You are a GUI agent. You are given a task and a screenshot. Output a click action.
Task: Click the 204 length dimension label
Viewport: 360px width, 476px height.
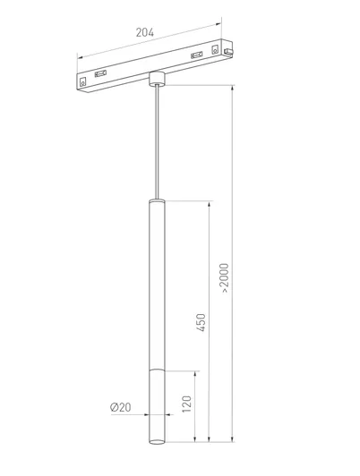[x=144, y=32]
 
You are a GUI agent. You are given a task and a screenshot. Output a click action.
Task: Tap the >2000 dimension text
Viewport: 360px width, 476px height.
[x=224, y=277]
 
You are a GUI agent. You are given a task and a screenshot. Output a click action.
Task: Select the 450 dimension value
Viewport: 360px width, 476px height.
[x=201, y=322]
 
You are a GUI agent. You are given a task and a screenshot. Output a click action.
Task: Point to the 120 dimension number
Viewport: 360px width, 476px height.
[x=187, y=404]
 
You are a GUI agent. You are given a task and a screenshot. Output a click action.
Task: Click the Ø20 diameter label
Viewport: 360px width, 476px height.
[x=121, y=407]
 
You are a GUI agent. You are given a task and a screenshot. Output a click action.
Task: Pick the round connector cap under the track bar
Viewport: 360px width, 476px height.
[x=157, y=79]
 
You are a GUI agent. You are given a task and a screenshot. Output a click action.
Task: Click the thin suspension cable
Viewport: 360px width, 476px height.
[x=157, y=142]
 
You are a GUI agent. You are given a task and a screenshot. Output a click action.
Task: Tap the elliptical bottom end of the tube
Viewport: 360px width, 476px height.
[x=157, y=441]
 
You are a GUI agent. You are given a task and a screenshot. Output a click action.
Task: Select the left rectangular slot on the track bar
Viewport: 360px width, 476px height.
[x=100, y=73]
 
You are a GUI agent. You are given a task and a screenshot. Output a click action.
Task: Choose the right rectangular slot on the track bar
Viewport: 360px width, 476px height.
[x=196, y=55]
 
